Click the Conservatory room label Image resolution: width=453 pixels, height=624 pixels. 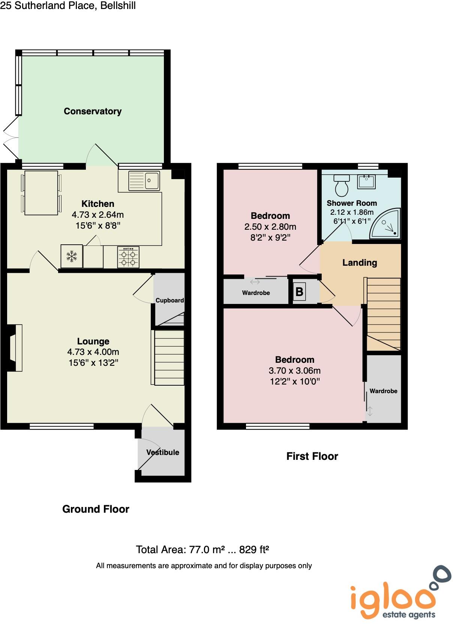93,111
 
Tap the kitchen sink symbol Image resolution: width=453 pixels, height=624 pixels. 144,181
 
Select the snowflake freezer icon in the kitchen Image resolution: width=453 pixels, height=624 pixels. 72,257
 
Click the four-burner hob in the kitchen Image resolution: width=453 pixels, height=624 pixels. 128,257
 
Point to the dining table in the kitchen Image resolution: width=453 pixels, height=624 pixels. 41,193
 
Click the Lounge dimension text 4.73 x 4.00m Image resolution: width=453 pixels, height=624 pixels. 93,352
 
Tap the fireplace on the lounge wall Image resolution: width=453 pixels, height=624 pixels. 14,348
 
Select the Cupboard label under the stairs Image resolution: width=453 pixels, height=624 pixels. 169,300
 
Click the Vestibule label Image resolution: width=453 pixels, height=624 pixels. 163,452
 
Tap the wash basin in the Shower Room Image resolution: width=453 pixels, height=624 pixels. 366,182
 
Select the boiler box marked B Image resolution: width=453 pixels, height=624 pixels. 299,292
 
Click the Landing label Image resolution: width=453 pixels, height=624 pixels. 360,263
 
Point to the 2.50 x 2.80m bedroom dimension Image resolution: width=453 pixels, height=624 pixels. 270,227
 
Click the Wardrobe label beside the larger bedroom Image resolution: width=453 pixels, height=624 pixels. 383,391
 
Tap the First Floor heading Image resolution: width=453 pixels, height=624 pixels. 312,456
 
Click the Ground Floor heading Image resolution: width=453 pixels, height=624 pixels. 96,509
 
